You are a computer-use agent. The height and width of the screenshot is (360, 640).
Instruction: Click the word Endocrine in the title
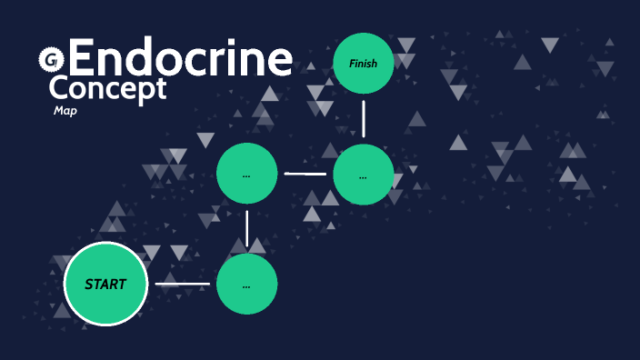[x=180, y=59]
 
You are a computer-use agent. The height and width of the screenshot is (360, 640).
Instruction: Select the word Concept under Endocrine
[x=107, y=89]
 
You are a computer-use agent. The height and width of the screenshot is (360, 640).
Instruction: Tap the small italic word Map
[x=65, y=111]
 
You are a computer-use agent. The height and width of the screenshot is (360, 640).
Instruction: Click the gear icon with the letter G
[x=49, y=60]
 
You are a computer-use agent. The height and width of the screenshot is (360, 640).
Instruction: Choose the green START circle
[x=105, y=284]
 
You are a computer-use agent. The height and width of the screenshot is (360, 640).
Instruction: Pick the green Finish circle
[x=364, y=63]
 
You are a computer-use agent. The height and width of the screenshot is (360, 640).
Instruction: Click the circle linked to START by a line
[x=247, y=284]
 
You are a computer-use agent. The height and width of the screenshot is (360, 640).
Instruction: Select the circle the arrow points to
[x=247, y=174]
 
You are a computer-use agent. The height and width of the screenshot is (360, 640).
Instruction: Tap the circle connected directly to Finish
[x=364, y=175]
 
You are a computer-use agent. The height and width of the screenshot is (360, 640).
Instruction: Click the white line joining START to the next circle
[x=182, y=284]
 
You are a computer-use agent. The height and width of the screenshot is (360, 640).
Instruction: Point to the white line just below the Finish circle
[x=364, y=118]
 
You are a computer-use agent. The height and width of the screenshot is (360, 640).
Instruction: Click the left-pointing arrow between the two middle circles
[x=305, y=174]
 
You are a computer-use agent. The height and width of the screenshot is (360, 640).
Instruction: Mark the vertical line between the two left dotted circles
[x=247, y=228]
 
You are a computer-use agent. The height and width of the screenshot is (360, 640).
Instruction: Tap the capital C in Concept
[x=58, y=89]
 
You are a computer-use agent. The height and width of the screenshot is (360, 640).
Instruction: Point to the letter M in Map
[x=58, y=111]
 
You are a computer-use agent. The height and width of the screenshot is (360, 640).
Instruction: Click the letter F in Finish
[x=352, y=63]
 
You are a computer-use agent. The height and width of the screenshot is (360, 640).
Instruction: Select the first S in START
[x=88, y=284]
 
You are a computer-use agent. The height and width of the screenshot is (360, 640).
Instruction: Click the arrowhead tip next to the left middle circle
[x=286, y=174]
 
